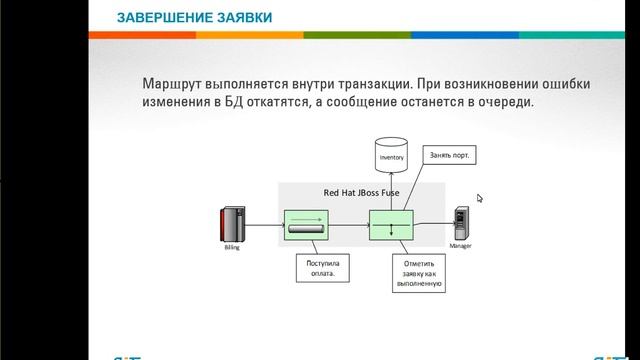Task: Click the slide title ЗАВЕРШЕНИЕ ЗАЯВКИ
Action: [x=193, y=18]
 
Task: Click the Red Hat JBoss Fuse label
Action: [x=360, y=192]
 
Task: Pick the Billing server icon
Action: [x=232, y=224]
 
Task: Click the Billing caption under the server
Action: [x=232, y=247]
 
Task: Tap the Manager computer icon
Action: [x=460, y=222]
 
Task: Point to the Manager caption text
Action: [x=460, y=245]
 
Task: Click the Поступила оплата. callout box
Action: [x=321, y=267]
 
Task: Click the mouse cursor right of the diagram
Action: [x=480, y=198]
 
